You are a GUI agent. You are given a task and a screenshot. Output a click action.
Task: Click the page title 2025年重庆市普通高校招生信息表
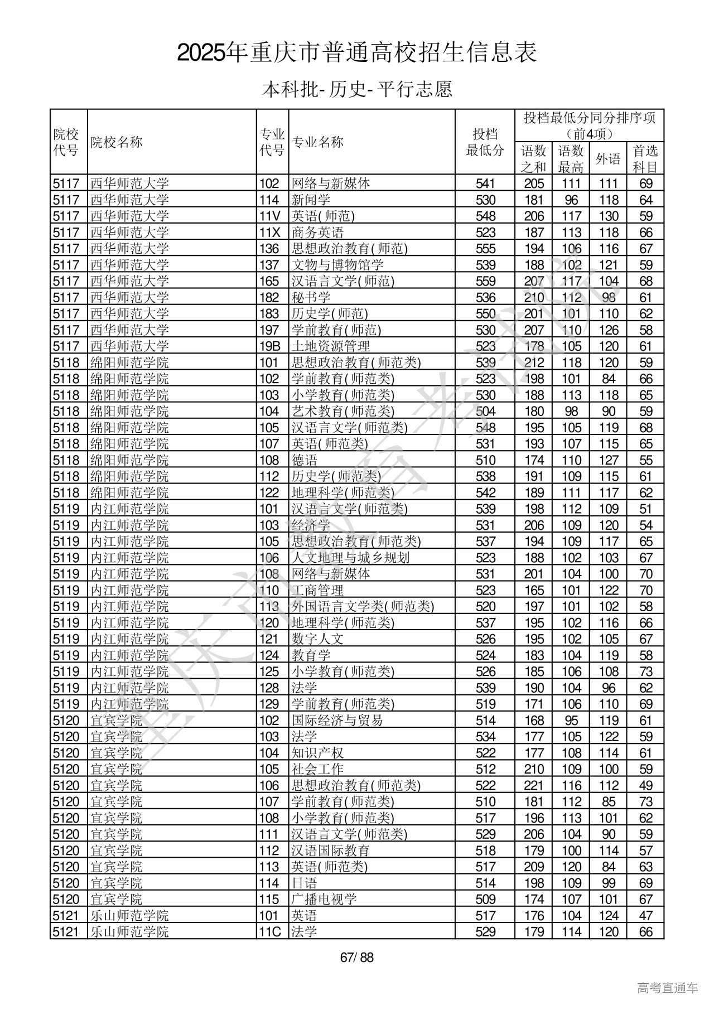357,53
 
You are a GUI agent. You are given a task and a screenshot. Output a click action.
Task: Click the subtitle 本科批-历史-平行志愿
357,89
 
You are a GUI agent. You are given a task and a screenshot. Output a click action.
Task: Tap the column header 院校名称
117,142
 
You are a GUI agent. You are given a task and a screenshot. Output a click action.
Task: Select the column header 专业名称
318,142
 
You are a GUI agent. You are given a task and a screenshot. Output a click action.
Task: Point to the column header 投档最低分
485,142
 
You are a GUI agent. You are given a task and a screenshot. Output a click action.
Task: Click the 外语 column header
608,159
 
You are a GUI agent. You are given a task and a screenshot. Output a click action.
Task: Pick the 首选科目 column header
645,159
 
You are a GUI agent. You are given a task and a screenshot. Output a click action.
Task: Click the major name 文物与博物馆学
337,264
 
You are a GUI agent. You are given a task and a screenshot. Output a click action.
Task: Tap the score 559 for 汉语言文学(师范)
485,281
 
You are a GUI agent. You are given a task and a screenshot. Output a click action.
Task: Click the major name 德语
305,460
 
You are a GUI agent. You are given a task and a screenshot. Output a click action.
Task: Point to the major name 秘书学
311,297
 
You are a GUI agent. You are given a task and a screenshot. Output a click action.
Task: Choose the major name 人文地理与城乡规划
350,558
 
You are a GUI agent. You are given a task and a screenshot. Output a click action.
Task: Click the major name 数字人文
318,639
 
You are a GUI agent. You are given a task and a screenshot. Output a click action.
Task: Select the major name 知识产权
318,753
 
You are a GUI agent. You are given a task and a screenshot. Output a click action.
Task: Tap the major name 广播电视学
324,899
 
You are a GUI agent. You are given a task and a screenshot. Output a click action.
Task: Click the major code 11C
271,931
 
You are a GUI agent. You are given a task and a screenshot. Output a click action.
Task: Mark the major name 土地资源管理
331,346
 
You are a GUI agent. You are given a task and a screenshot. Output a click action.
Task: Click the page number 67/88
356,958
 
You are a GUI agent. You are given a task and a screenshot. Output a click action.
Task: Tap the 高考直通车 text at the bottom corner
667,988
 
